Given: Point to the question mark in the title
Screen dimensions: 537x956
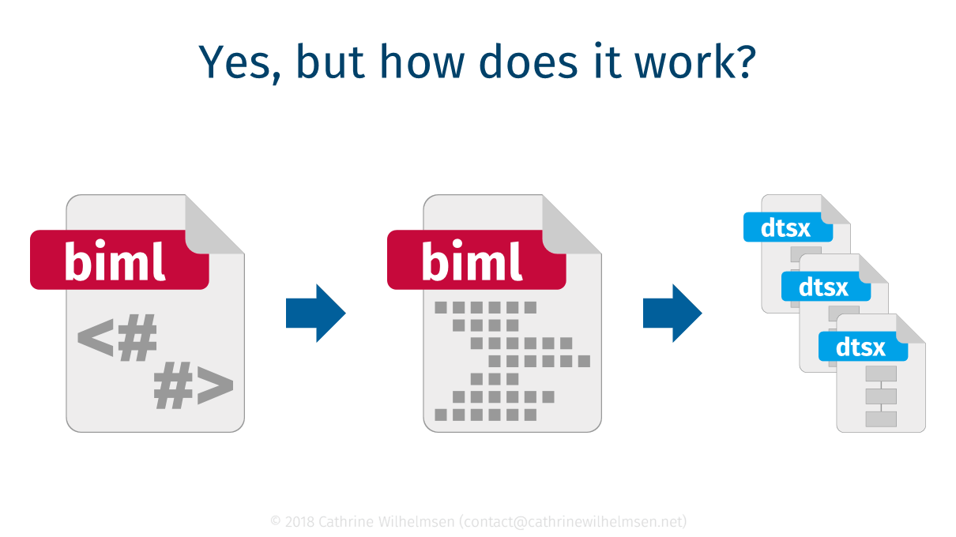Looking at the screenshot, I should coord(743,61).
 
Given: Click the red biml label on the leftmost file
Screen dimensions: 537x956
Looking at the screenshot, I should coord(119,260).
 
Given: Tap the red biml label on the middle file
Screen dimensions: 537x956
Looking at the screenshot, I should coord(476,260).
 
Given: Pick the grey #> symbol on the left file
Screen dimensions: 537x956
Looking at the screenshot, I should coord(194,387).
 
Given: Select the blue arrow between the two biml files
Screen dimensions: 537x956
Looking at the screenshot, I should coord(315,314).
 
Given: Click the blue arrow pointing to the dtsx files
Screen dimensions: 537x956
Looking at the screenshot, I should coord(672,314).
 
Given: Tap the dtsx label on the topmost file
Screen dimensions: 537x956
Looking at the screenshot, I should coord(787,227).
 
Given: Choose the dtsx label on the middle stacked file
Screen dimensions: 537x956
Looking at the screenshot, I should coord(825,287).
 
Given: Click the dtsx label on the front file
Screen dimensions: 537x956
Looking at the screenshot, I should coord(862,346).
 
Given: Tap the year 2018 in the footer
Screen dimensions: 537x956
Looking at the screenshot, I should coord(298,521).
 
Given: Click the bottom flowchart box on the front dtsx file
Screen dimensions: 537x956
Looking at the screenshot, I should coord(881,419).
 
